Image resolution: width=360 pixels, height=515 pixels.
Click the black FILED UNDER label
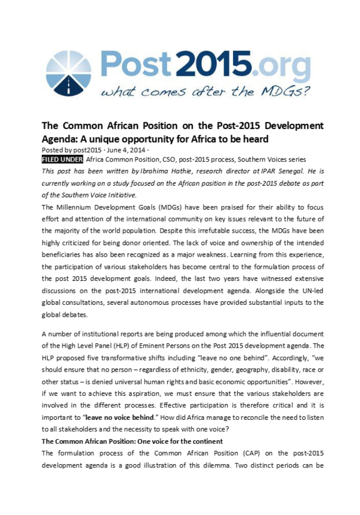(62, 159)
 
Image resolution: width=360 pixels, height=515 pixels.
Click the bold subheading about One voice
(132, 441)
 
